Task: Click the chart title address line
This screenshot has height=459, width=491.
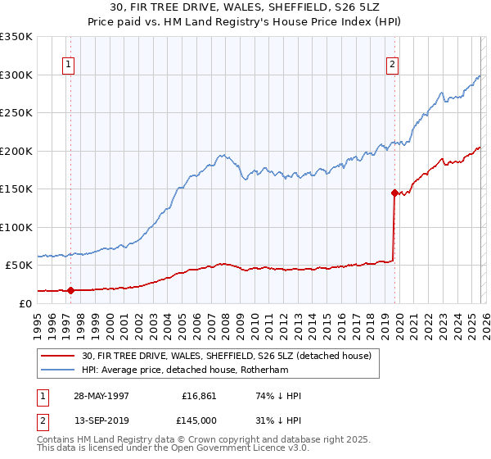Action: point(245,7)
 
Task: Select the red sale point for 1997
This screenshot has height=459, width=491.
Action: point(71,290)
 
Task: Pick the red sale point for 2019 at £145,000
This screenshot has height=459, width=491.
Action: point(394,193)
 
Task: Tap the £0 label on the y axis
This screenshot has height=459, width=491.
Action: point(25,303)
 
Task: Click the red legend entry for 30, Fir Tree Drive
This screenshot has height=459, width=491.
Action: point(227,356)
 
